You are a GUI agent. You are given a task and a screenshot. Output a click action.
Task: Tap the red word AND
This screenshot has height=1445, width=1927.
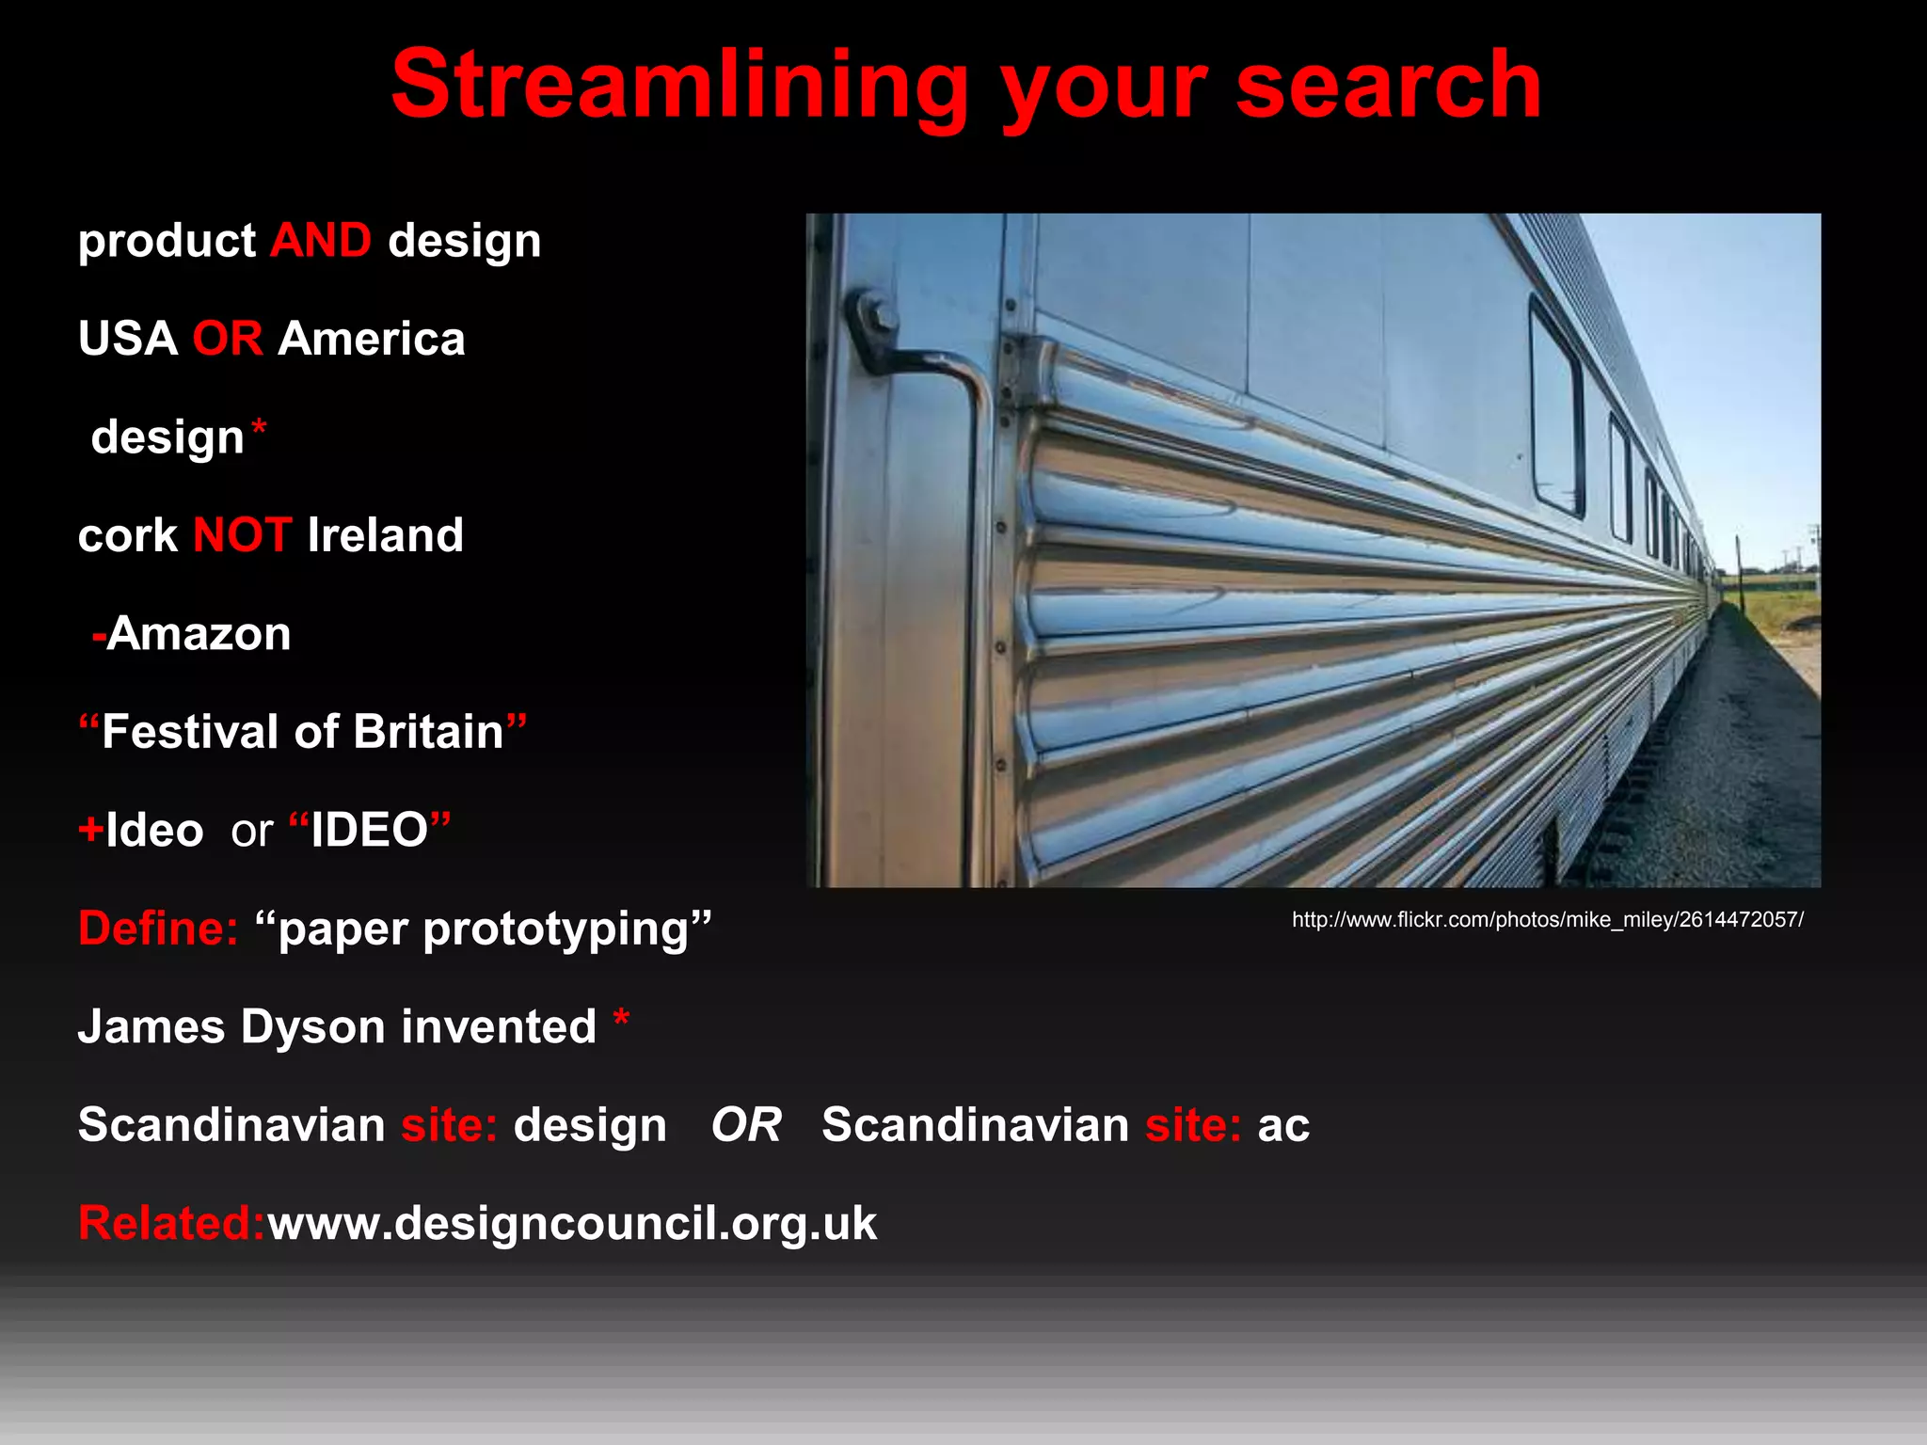(x=321, y=241)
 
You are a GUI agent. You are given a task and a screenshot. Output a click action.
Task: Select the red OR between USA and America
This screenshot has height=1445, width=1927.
(x=228, y=339)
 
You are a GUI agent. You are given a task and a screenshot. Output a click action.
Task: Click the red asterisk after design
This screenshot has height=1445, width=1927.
(x=259, y=430)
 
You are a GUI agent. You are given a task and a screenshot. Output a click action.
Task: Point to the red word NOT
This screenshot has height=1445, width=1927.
(x=242, y=535)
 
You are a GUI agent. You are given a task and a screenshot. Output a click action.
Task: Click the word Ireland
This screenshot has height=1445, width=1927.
(x=386, y=535)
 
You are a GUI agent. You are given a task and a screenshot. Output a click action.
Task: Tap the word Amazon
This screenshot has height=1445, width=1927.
(x=199, y=634)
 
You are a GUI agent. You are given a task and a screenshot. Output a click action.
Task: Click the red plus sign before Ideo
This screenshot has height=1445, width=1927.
(x=90, y=830)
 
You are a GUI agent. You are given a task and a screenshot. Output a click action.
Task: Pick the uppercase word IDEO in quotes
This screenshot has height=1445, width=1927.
(x=370, y=830)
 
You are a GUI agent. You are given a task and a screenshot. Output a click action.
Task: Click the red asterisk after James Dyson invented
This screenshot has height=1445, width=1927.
(x=621, y=1019)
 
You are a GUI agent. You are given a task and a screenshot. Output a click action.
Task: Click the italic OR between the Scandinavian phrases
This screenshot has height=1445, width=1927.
(x=746, y=1125)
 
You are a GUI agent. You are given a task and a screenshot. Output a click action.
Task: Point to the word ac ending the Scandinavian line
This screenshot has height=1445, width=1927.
(x=1283, y=1126)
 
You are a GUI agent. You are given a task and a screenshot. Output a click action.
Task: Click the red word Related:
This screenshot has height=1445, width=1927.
(x=171, y=1224)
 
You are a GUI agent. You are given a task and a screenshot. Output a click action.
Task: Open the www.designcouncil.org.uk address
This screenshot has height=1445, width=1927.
(x=572, y=1224)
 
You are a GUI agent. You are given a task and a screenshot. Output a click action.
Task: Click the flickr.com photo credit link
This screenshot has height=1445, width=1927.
(x=1547, y=920)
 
